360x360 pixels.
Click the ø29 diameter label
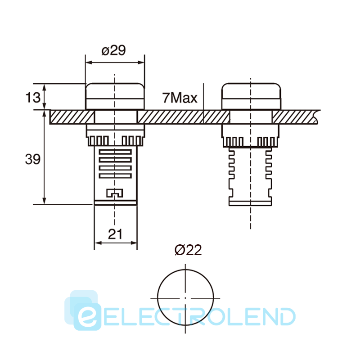[114, 50]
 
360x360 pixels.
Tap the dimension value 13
[33, 97]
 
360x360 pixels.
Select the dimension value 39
[32, 159]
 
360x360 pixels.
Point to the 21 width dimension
[115, 234]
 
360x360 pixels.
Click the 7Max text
[180, 98]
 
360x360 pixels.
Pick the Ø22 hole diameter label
[188, 250]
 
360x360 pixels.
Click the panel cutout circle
[158, 297]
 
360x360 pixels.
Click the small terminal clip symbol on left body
[115, 193]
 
